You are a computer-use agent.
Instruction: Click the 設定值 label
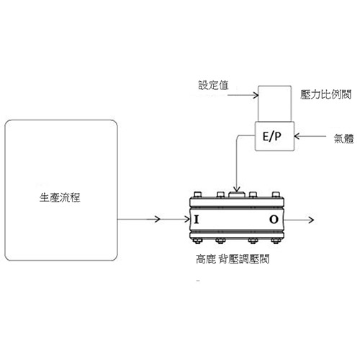[x=213, y=85]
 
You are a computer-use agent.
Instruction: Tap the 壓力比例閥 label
[x=325, y=94]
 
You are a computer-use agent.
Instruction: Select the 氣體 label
[x=343, y=138]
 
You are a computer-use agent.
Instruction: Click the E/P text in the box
[x=271, y=136]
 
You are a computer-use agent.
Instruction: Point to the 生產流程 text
[x=60, y=197]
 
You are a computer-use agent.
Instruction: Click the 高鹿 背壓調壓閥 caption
[x=233, y=258]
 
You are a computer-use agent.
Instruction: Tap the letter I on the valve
[x=197, y=220]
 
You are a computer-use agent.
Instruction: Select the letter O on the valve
[x=274, y=220]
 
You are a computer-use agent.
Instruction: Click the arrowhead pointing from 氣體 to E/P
[x=297, y=136]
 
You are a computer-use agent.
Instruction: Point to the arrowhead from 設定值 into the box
[x=256, y=95]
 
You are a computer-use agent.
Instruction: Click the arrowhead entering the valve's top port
[x=237, y=190]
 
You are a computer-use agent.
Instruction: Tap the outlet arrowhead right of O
[x=311, y=220]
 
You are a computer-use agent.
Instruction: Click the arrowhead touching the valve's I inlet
[x=187, y=219]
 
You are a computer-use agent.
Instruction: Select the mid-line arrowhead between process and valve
[x=158, y=219]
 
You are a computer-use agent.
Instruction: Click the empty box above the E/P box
[x=274, y=104]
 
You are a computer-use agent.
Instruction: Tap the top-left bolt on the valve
[x=197, y=194]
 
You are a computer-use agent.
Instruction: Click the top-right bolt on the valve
[x=276, y=194]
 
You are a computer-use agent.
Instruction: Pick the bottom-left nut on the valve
[x=197, y=240]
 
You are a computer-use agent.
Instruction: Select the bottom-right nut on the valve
[x=276, y=240]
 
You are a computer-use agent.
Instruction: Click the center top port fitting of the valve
[x=237, y=194]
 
